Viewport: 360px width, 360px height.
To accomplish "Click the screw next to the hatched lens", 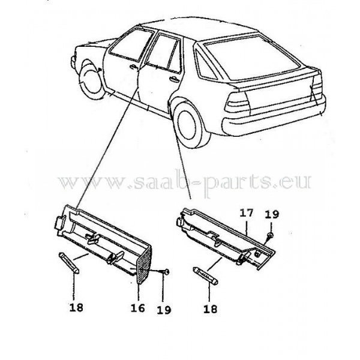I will [164, 274].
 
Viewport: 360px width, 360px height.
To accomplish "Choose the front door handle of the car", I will [131, 68].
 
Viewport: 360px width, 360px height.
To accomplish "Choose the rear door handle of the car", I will [174, 79].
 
